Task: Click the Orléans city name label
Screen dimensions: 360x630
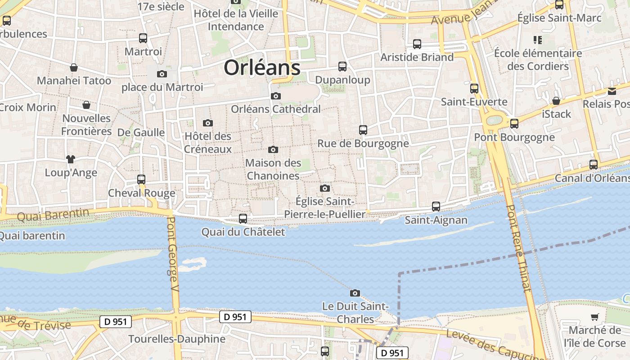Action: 262,68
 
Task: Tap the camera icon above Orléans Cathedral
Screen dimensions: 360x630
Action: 276,96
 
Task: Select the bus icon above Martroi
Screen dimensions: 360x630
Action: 143,38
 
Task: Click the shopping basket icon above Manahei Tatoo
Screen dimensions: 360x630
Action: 74,67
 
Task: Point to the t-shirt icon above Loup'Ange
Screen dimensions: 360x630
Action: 71,159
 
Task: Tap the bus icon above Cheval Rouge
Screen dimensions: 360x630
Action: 141,179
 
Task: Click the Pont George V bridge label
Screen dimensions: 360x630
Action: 173,254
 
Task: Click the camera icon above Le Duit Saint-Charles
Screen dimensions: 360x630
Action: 355,293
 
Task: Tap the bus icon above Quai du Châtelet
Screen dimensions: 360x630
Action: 243,219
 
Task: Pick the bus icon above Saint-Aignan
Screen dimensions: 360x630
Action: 436,207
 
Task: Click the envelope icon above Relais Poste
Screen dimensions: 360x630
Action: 612,91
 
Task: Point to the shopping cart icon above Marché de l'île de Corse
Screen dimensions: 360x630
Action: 595,317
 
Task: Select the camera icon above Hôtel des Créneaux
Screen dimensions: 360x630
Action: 208,123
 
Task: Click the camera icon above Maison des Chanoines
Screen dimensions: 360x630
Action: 273,149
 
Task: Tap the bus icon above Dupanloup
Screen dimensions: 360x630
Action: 342,67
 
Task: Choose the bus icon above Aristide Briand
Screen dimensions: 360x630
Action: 417,44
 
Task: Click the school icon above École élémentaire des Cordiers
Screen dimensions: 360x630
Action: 537,40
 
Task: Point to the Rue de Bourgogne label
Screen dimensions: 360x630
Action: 363,144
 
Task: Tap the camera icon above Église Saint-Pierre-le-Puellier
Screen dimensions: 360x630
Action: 325,188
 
